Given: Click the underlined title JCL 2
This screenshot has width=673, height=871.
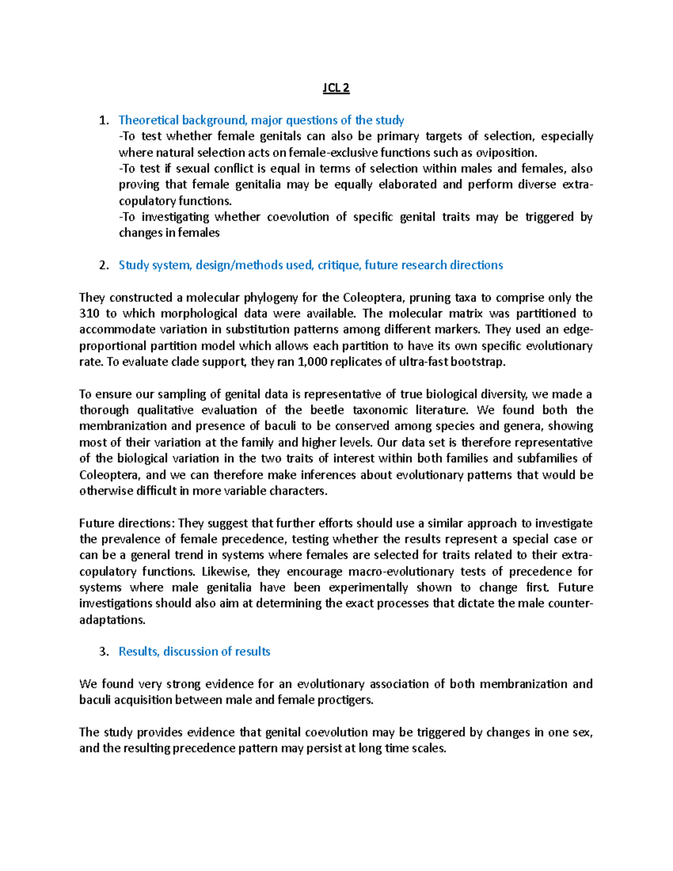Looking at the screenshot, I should click(336, 88).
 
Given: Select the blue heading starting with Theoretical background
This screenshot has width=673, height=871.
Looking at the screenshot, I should click(261, 120).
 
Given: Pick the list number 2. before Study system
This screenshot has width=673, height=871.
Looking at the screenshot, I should click(104, 265).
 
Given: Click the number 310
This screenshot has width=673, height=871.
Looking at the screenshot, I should click(89, 314).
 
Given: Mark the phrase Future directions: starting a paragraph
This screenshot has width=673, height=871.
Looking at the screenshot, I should click(127, 523).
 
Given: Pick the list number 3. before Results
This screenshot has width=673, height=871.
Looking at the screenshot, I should click(104, 651).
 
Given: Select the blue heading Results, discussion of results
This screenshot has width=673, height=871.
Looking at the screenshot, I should click(194, 651).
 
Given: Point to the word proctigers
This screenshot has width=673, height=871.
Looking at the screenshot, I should click(344, 700).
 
